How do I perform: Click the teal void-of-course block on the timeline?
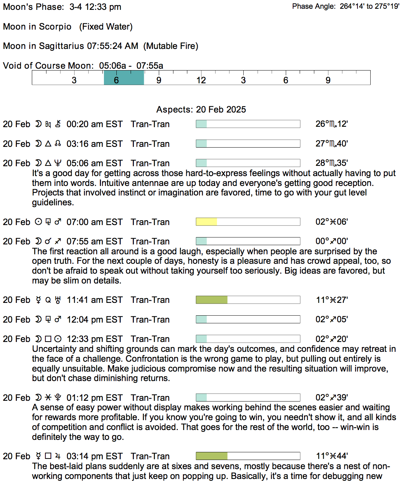click(x=124, y=77)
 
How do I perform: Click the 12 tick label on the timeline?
click(x=201, y=80)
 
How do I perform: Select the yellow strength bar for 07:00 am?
click(x=206, y=222)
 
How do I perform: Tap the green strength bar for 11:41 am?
click(x=211, y=300)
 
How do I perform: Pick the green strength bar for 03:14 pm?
click(x=211, y=456)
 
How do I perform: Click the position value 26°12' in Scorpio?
click(x=332, y=124)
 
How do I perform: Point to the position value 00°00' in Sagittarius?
click(x=332, y=241)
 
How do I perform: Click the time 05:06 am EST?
click(x=94, y=163)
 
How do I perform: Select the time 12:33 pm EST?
click(x=94, y=339)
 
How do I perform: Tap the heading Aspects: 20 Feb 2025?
click(x=201, y=110)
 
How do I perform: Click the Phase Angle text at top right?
click(x=345, y=6)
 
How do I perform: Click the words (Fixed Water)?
click(x=106, y=27)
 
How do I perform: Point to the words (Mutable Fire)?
click(x=171, y=46)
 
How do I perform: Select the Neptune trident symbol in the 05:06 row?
click(x=58, y=163)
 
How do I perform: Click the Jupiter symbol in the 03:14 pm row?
click(x=58, y=456)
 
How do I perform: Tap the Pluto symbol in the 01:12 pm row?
click(x=58, y=398)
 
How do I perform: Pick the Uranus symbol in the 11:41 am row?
click(x=58, y=300)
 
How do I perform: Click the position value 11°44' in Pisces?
click(x=332, y=456)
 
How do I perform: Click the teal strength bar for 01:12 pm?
click(x=201, y=398)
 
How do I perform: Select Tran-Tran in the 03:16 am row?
click(x=150, y=144)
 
